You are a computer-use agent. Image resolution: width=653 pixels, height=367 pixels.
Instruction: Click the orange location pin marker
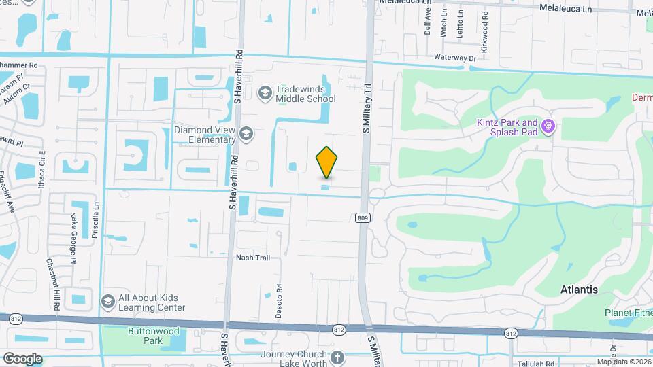pyautogui.click(x=326, y=162)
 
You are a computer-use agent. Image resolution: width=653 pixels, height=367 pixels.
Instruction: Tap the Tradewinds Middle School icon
pyautogui.click(x=265, y=92)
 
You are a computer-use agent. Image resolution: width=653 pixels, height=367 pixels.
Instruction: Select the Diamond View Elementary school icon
pyautogui.click(x=245, y=133)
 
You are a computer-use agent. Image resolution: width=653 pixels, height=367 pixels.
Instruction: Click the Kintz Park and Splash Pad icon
pyautogui.click(x=549, y=126)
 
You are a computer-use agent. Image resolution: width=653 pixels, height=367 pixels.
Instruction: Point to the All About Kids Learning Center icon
pyautogui.click(x=107, y=301)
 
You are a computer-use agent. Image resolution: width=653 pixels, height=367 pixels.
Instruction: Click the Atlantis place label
pyautogui.click(x=579, y=290)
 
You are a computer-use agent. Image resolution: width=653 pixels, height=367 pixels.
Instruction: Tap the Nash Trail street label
pyautogui.click(x=253, y=258)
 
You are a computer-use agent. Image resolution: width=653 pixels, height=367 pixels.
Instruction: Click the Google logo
pyautogui.click(x=22, y=358)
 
